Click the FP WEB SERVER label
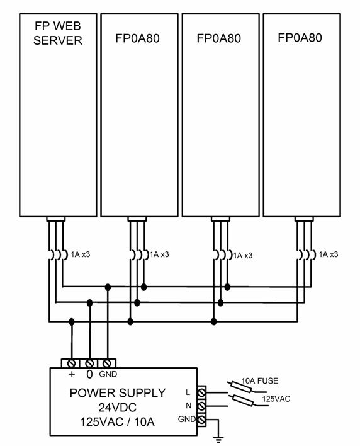click(58, 33)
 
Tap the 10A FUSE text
click(260, 380)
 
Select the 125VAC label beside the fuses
click(276, 399)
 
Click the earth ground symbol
click(218, 440)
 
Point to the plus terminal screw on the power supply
click(72, 363)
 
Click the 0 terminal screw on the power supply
click(89, 363)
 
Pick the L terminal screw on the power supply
click(201, 392)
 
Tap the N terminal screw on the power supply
click(201, 406)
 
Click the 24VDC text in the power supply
click(118, 408)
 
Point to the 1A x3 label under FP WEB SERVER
click(81, 254)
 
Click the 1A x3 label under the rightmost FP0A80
click(329, 254)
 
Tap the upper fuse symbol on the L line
click(241, 387)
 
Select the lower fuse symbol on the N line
click(243, 400)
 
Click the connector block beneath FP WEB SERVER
click(55, 219)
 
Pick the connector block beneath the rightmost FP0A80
click(304, 219)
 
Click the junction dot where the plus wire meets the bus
click(72, 322)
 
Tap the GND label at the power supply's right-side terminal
click(187, 419)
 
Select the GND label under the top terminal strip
click(108, 374)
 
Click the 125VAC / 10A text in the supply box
click(117, 422)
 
